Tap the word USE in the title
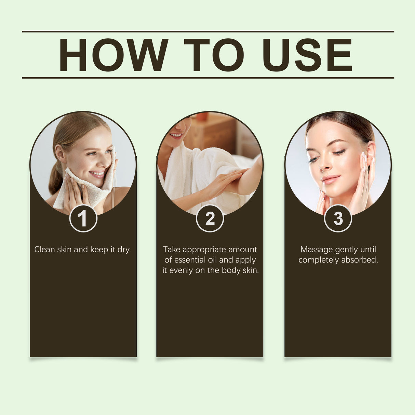click(x=307, y=55)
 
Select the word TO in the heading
click(x=214, y=55)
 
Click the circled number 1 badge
click(x=83, y=218)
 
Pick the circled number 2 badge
click(x=210, y=218)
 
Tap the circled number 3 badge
click(x=338, y=218)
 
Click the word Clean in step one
click(x=44, y=250)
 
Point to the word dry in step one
click(x=123, y=250)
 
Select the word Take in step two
click(x=171, y=250)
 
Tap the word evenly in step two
click(x=181, y=270)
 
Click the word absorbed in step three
click(x=359, y=260)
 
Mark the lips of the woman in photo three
click(x=331, y=179)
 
